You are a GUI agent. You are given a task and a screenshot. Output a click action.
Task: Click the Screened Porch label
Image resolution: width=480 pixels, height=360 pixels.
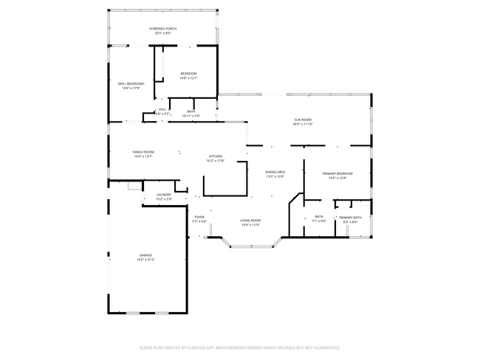(162, 29)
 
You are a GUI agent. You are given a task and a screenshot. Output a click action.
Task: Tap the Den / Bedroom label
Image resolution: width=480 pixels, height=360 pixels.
(131, 84)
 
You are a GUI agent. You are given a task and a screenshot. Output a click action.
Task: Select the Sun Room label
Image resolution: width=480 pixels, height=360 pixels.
(303, 120)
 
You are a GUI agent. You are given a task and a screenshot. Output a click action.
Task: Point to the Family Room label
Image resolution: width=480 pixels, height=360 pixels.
(143, 152)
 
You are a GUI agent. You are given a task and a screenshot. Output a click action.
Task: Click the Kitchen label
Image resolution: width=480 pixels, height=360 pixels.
(216, 156)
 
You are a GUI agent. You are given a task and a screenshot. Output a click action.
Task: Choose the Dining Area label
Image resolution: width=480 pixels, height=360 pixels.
(275, 172)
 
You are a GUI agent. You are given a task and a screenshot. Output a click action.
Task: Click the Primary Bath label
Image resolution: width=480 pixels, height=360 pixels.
(350, 218)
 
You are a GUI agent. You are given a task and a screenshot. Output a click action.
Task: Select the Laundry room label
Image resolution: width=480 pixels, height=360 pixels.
(163, 195)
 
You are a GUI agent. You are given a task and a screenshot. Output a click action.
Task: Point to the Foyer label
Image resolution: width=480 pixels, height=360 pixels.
(199, 217)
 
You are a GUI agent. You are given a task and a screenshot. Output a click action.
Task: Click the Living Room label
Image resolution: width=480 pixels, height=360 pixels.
(250, 221)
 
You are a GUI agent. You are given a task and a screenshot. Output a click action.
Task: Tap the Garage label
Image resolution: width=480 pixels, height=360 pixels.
(145, 255)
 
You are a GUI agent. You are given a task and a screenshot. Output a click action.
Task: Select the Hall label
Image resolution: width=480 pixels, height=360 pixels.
(162, 109)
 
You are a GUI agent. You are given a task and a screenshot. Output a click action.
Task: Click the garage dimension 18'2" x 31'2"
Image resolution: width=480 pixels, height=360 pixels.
(145, 260)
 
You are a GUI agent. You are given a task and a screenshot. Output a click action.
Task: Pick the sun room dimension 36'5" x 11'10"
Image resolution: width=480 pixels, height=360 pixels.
(303, 124)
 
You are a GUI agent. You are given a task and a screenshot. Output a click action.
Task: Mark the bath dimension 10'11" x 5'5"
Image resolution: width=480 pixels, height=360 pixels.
(191, 116)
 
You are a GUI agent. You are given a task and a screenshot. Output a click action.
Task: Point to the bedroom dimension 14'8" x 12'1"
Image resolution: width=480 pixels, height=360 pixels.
(188, 78)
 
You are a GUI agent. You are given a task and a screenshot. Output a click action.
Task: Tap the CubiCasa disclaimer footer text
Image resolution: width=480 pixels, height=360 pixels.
(239, 347)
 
